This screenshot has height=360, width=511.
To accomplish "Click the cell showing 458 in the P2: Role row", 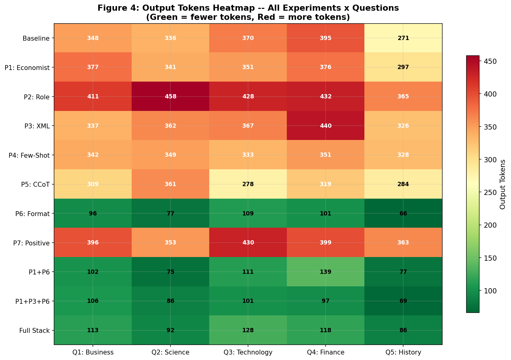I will (x=170, y=97).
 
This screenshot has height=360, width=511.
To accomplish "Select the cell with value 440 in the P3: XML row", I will (x=325, y=126).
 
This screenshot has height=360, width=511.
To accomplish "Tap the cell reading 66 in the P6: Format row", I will (x=403, y=213).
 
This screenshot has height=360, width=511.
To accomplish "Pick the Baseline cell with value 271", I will (x=403, y=38).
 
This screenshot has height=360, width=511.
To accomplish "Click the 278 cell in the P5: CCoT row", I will (x=248, y=184).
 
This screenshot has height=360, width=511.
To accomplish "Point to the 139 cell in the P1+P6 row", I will (x=325, y=272).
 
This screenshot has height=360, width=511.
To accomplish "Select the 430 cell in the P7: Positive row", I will (x=248, y=243).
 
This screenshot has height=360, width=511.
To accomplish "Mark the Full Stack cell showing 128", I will (x=248, y=330).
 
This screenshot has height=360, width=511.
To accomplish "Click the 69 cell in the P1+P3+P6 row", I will (x=403, y=301).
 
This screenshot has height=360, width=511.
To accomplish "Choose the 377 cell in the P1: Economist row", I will (x=93, y=68).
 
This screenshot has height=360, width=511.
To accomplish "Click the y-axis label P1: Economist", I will (x=27, y=68).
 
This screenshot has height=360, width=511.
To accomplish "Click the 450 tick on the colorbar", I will (x=488, y=62).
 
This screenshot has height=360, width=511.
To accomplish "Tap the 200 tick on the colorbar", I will (x=488, y=225).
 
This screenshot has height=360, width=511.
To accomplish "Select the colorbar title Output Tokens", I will (x=502, y=184).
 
